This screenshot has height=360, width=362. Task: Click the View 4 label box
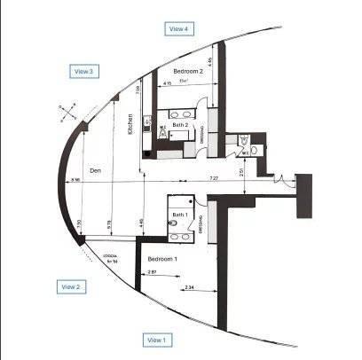(179, 28)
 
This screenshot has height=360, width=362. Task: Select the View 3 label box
(83, 70)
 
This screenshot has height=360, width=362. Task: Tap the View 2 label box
(71, 286)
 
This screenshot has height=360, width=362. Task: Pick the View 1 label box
(156, 340)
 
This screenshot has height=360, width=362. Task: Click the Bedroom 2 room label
(188, 71)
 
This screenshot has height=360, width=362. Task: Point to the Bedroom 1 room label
(163, 258)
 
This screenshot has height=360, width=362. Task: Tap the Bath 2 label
(180, 125)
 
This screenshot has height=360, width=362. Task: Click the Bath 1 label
(179, 215)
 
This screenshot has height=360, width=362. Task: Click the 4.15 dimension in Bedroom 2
(168, 84)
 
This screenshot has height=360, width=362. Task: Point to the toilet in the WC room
(257, 152)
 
